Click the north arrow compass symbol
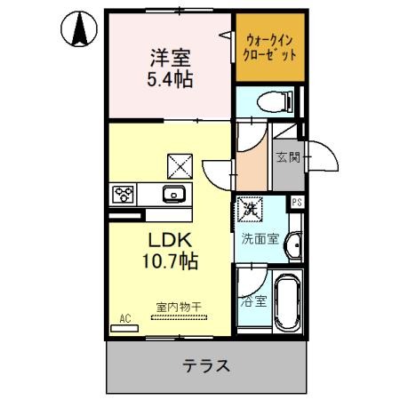pyautogui.click(x=79, y=32)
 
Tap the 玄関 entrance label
pyautogui.click(x=287, y=159)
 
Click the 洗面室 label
pyautogui.click(x=260, y=238)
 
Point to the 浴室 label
pyautogui.click(x=252, y=300)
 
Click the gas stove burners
pyautogui.click(x=124, y=193)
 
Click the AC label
pyautogui.click(x=124, y=316)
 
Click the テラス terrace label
pyautogui.click(x=208, y=364)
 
